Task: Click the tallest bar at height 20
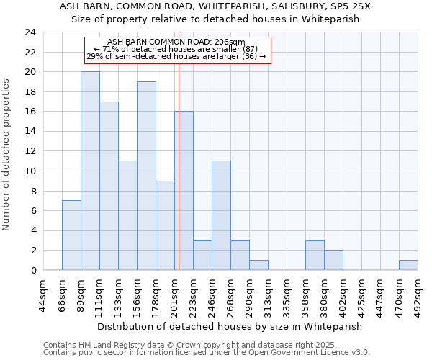pyautogui.click(x=90, y=171)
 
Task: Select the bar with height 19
pyautogui.click(x=146, y=176)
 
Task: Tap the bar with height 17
pyautogui.click(x=109, y=186)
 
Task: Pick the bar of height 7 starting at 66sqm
pyautogui.click(x=71, y=235)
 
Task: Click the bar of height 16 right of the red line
pyautogui.click(x=184, y=191)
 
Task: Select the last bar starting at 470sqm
pyautogui.click(x=408, y=265)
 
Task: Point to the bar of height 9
pyautogui.click(x=165, y=225)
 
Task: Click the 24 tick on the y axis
pyautogui.click(x=30, y=32)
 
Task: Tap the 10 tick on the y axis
pyautogui.click(x=30, y=171)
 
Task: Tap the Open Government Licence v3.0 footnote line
pyautogui.click(x=206, y=353)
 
